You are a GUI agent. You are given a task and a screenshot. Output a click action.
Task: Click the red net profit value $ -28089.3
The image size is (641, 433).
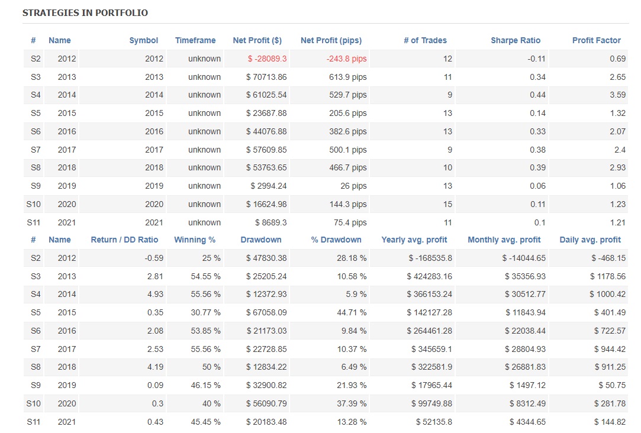coord(266,59)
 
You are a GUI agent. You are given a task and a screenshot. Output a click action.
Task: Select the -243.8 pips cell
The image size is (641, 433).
coord(346,59)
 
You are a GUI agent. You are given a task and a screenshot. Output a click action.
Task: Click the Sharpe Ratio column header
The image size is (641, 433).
coord(516,40)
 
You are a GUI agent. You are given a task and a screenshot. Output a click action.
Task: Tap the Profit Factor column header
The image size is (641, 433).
coord(597,40)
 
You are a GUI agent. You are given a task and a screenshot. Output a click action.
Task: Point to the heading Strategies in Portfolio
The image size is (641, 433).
coord(85,12)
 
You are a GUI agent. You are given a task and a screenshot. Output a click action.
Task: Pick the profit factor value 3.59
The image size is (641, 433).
coord(617,95)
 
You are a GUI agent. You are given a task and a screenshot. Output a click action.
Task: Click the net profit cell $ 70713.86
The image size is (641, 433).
coord(266,77)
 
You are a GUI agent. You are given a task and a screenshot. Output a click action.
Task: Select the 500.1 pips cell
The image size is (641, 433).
coord(348,150)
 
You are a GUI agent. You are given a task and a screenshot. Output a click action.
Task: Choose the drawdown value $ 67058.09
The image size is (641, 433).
coord(266,312)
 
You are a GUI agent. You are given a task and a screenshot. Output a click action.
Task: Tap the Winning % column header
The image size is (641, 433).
coord(195,240)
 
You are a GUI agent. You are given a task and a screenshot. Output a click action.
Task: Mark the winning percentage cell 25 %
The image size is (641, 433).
coord(211,258)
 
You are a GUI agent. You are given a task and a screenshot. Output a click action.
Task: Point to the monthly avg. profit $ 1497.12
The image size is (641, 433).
coord(525,385)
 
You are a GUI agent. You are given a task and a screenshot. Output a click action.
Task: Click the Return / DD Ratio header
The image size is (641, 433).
coord(124,240)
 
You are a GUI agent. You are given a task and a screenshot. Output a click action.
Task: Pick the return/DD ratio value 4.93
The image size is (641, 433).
coord(155,294)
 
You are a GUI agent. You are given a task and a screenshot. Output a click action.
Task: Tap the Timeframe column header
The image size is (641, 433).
coord(195,40)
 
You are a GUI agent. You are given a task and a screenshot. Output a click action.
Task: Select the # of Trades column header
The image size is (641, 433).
coord(425,40)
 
